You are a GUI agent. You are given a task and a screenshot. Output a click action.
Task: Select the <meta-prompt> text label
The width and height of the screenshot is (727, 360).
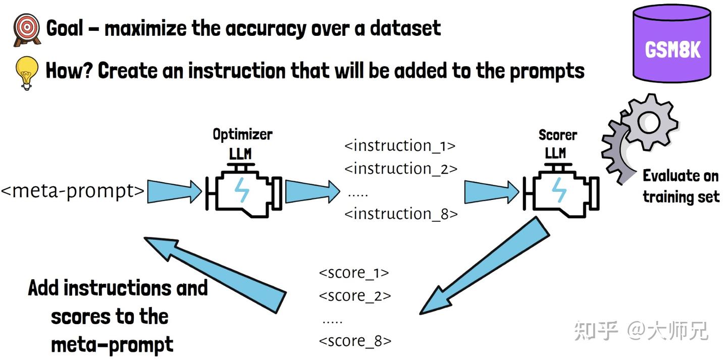click(x=72, y=191)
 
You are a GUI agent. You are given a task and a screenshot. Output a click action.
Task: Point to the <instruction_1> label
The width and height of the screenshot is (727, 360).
click(x=400, y=146)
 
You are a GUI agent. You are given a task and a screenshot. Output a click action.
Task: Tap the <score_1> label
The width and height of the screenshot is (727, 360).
click(x=354, y=273)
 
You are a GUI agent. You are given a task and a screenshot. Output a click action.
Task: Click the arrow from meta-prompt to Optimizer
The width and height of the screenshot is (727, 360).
click(x=174, y=191)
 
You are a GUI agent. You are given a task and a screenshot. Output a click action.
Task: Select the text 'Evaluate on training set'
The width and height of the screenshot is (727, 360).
click(x=680, y=186)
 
